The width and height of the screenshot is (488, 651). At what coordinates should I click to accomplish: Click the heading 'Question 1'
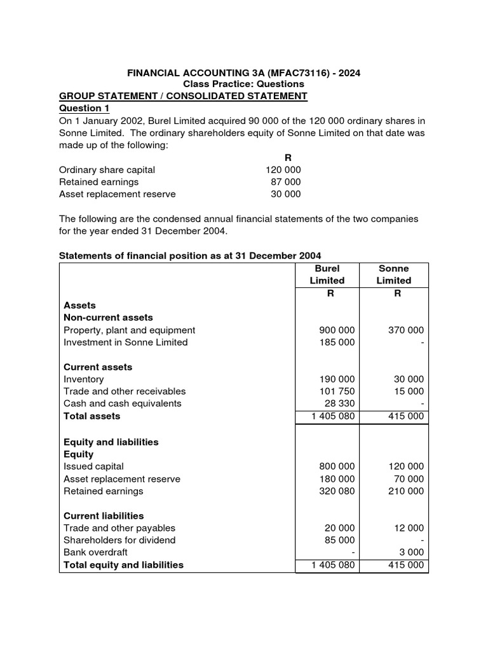pos(85,109)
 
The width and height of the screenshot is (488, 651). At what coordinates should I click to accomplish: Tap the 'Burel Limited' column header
pos(327,275)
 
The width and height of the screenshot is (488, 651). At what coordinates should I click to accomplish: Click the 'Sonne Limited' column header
pos(394,275)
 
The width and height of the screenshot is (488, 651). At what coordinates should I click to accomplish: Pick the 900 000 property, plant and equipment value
pos(337,330)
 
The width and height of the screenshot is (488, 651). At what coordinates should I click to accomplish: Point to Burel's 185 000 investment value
pos(337,342)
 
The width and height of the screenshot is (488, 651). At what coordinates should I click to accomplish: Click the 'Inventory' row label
pos(84,380)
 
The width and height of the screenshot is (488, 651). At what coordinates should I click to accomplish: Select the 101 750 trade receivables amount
pos(337,392)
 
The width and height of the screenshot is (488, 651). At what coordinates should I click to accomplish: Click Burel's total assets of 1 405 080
pos(332,416)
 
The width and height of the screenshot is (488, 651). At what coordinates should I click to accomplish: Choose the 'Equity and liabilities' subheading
pos(111,442)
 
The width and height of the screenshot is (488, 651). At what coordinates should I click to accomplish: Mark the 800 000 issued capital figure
pos(337,467)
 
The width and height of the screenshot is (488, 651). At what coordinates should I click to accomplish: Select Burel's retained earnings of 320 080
pos(337,491)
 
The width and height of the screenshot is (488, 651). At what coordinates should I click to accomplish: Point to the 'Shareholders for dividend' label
pos(119,540)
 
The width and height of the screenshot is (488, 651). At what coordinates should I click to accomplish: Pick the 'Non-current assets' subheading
pos(108,317)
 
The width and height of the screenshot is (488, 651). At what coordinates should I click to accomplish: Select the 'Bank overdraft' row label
pos(95,552)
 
